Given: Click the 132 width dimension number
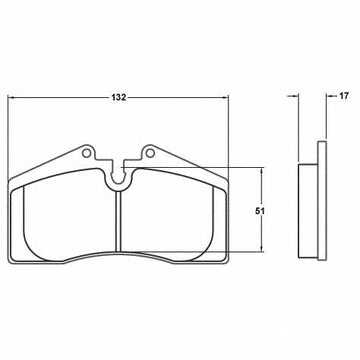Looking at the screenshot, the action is (x=119, y=97).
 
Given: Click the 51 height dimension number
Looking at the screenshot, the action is (x=260, y=211).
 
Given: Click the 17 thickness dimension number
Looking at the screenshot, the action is (x=344, y=96).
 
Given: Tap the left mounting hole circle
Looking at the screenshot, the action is (x=86, y=153).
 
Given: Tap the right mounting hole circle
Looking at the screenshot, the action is (x=150, y=153).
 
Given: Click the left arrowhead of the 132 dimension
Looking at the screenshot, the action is (x=11, y=97).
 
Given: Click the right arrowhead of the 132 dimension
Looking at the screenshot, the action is (x=225, y=97).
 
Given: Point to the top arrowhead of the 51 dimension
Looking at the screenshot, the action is (x=262, y=171).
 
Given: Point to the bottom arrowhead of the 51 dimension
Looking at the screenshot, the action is (x=262, y=248).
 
